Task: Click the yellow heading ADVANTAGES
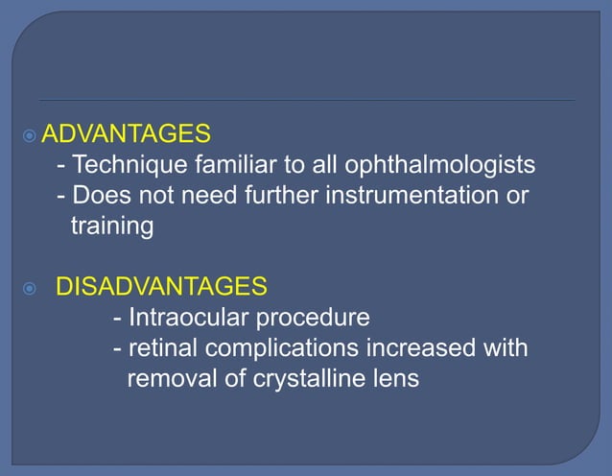[126, 131]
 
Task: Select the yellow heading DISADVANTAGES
[161, 286]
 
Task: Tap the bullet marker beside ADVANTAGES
[30, 132]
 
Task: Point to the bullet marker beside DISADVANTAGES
[30, 287]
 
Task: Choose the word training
[111, 227]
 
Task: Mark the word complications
[276, 347]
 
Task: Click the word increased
[418, 347]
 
